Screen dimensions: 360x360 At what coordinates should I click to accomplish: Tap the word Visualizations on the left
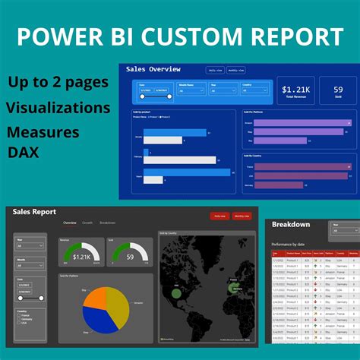(58, 108)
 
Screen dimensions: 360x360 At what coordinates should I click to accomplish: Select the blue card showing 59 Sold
(338, 90)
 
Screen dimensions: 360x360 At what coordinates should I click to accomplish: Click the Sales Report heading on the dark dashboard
(34, 212)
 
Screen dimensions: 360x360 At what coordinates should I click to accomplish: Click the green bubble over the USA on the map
(175, 292)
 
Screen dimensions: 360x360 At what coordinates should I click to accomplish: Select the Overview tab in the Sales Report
(69, 223)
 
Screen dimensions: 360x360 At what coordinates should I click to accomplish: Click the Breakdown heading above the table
(291, 224)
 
